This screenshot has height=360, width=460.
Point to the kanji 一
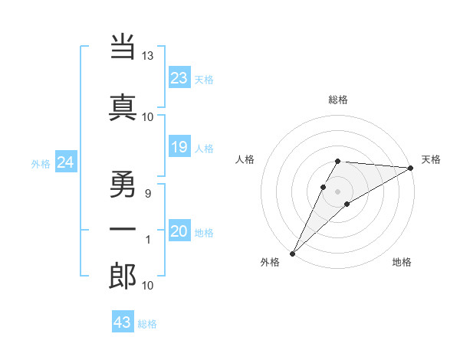[x=123, y=229]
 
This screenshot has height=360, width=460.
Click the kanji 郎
[x=123, y=277]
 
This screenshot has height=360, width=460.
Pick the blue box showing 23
[x=179, y=77]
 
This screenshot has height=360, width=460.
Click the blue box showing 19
[x=179, y=147]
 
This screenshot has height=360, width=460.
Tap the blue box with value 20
[x=179, y=231]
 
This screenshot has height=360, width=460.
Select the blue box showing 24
[x=66, y=162]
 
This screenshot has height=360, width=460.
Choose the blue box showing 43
[x=123, y=322]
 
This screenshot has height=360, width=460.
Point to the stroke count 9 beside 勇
[x=147, y=194]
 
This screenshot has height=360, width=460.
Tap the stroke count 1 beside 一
[x=147, y=241]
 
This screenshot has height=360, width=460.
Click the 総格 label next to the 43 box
[x=147, y=324]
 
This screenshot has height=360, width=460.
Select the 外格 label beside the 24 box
[x=41, y=163]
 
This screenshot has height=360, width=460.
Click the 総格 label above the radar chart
[x=338, y=100]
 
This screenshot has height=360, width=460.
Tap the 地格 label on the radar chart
[x=402, y=263]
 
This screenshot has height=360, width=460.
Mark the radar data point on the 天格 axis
[x=411, y=169]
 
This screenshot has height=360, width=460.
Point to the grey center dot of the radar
[x=338, y=191]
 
